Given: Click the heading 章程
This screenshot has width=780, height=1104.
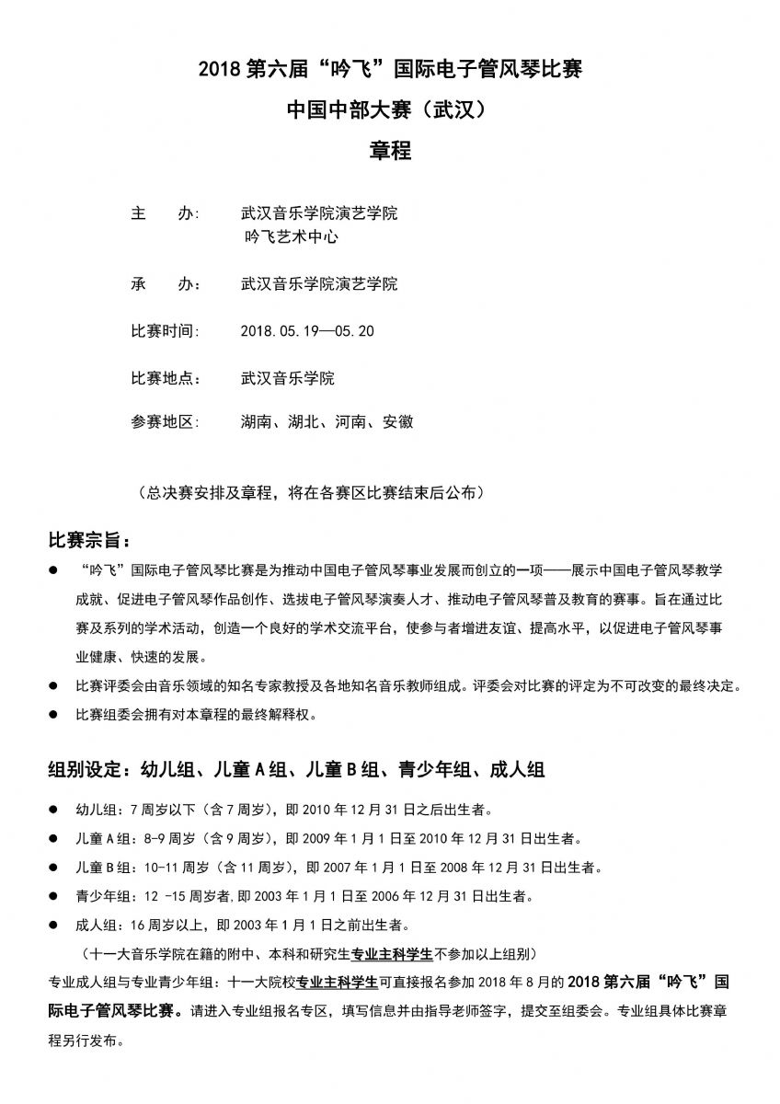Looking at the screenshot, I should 390,150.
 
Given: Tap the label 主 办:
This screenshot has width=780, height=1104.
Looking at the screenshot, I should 166,213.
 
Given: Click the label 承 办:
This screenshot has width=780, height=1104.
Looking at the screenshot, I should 166,283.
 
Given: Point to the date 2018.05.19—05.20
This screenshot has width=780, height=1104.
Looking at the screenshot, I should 306,331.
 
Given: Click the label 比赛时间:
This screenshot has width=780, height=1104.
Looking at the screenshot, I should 166,331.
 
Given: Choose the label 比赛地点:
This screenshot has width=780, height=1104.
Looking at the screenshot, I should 166,378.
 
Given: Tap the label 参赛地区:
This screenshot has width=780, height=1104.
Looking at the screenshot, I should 166,422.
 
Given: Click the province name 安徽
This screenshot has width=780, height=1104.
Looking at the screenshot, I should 398,422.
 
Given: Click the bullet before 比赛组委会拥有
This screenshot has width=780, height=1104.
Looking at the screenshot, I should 53,714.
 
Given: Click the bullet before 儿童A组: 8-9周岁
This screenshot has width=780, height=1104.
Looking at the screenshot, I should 53,839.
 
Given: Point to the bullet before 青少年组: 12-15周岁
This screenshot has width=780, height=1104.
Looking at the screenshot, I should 53,896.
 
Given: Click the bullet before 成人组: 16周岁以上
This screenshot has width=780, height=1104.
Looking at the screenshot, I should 53,925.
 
